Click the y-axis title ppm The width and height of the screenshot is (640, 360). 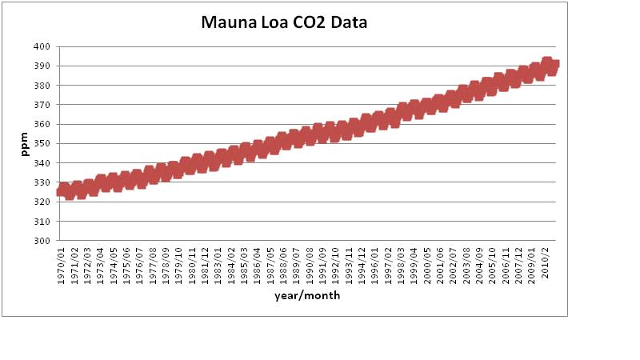coord(25,144)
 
